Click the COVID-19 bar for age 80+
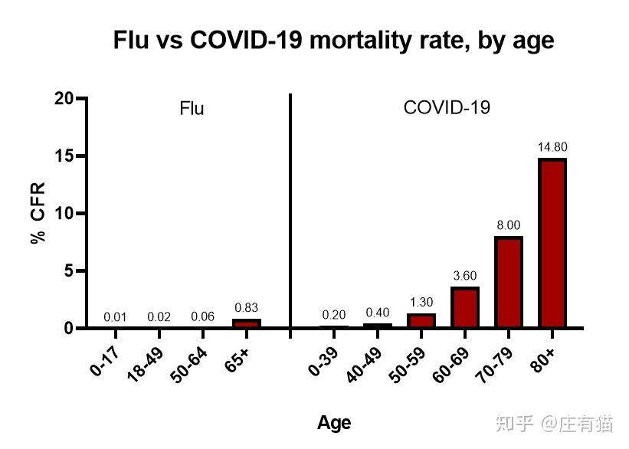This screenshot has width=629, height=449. [x=552, y=244]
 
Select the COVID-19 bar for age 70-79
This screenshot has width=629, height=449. [x=508, y=283]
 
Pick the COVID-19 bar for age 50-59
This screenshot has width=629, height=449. [x=421, y=321]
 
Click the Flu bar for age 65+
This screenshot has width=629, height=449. [x=247, y=323]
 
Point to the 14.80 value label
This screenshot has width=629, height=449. [x=552, y=147]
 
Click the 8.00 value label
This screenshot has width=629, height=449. [x=509, y=225]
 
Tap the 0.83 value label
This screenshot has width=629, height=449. [x=247, y=307]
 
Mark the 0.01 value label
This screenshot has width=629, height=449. [x=115, y=316]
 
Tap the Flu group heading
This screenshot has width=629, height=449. [x=192, y=109]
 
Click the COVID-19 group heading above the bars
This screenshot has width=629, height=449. [x=447, y=108]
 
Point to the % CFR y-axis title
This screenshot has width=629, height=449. [x=38, y=213]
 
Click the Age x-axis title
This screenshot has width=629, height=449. [x=334, y=423]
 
